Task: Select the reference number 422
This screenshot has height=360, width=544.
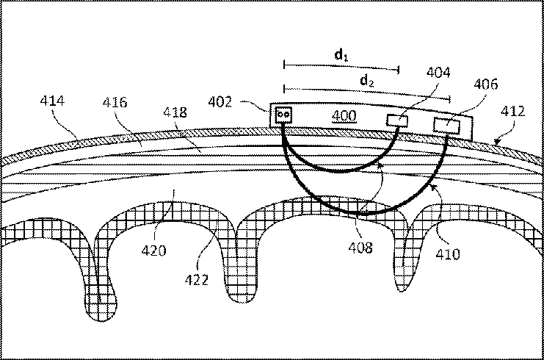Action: [x=197, y=279]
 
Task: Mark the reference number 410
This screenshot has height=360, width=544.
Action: [x=447, y=254]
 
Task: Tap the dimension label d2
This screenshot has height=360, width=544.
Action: [x=366, y=82]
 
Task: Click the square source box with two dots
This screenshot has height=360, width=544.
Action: [x=284, y=115]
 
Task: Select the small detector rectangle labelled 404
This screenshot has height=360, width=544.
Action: [x=397, y=120]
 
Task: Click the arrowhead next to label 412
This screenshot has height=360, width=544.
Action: [x=498, y=137]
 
